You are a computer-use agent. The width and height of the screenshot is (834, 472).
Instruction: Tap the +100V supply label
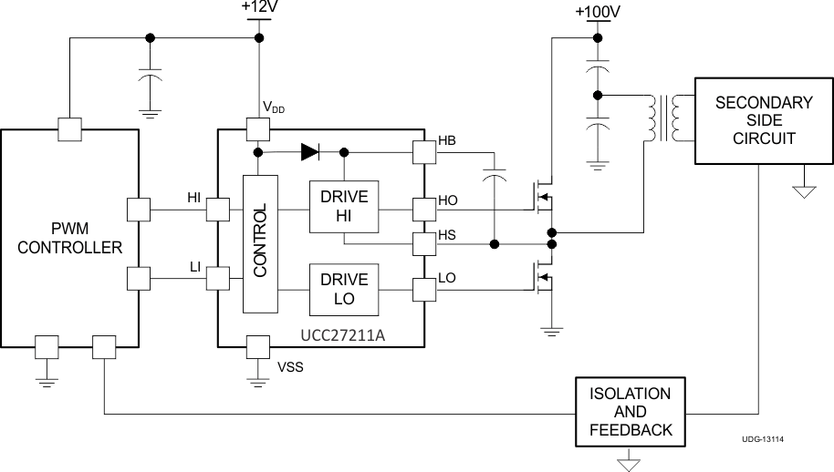(598, 12)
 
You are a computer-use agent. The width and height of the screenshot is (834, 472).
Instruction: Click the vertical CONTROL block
(260, 242)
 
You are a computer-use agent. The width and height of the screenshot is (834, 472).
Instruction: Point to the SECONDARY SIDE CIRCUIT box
(763, 120)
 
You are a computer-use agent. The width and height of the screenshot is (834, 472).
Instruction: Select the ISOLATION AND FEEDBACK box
(631, 412)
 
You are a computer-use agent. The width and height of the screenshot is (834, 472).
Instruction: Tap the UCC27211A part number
(342, 335)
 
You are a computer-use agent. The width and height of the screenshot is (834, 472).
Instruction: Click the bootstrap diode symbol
(308, 151)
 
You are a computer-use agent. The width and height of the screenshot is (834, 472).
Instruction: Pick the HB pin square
(424, 151)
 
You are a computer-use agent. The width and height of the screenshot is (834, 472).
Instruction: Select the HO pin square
(424, 210)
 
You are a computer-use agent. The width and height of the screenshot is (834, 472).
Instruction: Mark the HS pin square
(424, 244)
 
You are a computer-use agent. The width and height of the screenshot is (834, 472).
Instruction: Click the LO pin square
(424, 290)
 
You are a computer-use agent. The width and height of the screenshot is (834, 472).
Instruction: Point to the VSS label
(289, 369)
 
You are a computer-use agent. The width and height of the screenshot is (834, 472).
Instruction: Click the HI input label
(193, 197)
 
